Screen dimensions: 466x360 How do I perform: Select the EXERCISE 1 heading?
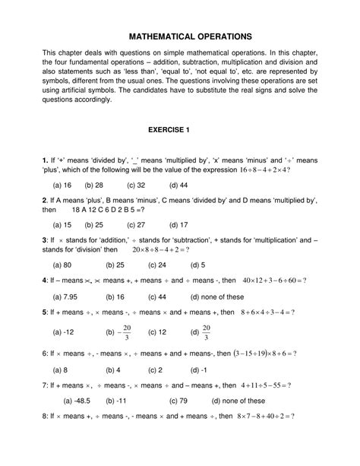click(x=179, y=130)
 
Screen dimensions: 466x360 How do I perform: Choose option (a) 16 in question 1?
click(x=62, y=185)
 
